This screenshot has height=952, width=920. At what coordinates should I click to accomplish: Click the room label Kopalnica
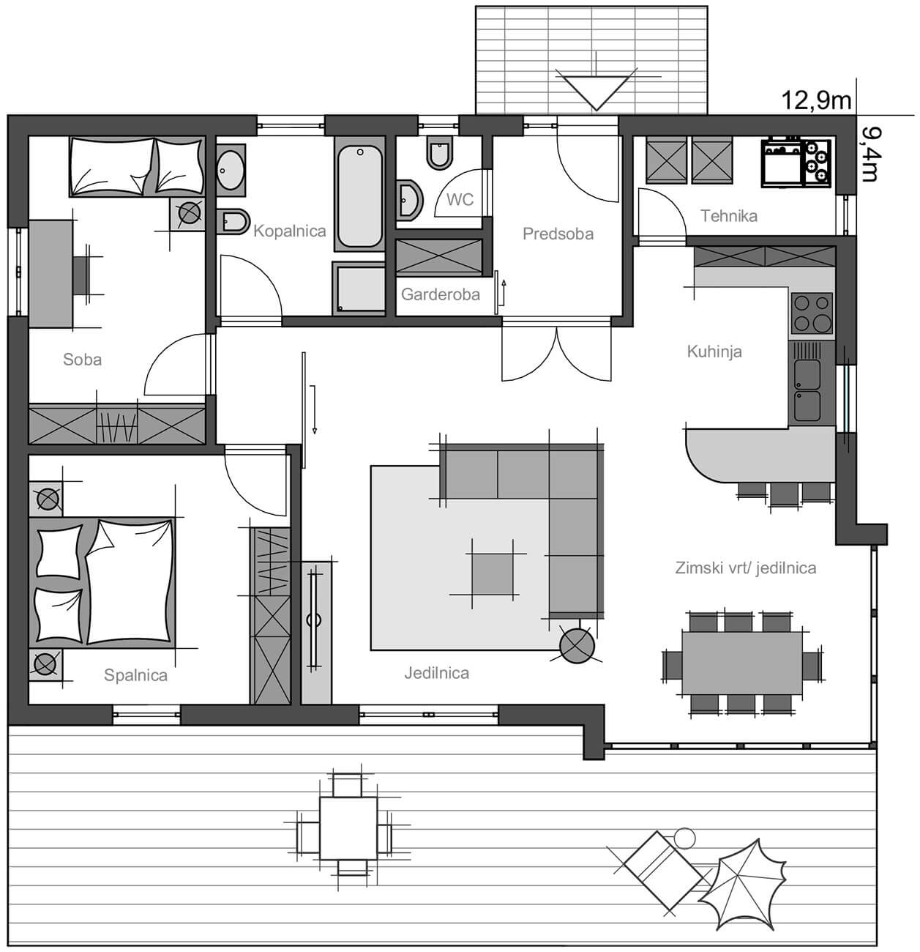[x=289, y=231]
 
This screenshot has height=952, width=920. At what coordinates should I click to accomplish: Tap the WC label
[x=460, y=200]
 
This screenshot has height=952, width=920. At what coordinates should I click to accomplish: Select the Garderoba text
[x=440, y=294]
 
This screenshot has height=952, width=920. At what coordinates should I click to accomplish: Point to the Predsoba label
[x=558, y=234]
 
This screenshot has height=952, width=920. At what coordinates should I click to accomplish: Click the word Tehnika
[x=729, y=216]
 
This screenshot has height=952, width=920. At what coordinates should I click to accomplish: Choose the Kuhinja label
[x=714, y=352]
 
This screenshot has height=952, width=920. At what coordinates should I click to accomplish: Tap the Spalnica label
[x=135, y=675]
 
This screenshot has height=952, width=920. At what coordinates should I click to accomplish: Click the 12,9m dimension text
[x=816, y=101]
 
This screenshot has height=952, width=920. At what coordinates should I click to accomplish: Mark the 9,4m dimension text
[x=869, y=154]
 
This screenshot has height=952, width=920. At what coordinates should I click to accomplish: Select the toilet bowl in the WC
[x=439, y=152]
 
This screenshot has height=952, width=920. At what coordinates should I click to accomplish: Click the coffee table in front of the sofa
[x=493, y=574]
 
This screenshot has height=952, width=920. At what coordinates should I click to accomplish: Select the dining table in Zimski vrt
[x=742, y=663]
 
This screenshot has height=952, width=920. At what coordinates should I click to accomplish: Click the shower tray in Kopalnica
[x=359, y=287]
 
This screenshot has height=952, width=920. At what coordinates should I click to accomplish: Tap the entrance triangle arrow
[x=596, y=89]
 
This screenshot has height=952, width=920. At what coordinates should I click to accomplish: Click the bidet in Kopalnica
[x=233, y=221]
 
